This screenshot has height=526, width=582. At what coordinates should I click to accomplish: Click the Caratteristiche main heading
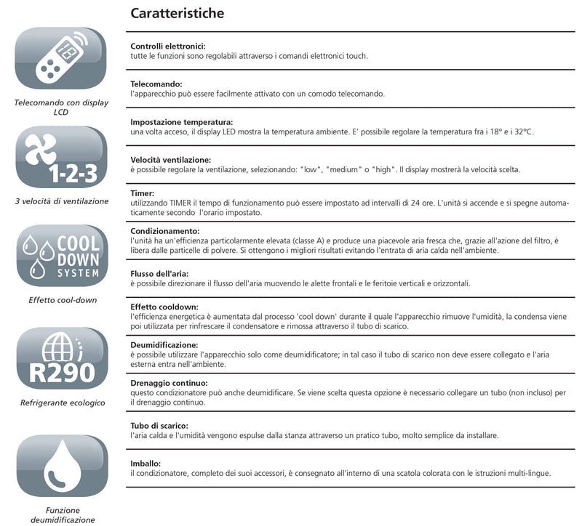coord(177,14)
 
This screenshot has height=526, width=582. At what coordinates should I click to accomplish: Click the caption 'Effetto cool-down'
coord(62,299)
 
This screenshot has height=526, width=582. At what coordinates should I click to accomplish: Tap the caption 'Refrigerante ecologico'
coord(63,402)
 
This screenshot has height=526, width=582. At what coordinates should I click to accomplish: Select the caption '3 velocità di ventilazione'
coord(62,201)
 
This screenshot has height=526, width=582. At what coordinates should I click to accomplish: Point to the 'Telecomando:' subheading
coord(156,84)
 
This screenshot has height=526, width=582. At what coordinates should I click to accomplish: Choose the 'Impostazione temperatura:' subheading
coord(181,122)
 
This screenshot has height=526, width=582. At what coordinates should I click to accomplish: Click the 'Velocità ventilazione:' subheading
coord(171,160)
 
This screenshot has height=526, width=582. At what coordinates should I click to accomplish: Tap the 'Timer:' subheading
coord(143,194)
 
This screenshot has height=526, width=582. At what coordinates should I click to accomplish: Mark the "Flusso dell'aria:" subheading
coord(162,273)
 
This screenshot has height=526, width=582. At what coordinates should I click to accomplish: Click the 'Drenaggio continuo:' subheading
coord(169,382)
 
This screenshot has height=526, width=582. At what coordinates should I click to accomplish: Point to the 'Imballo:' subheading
coord(146,463)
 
